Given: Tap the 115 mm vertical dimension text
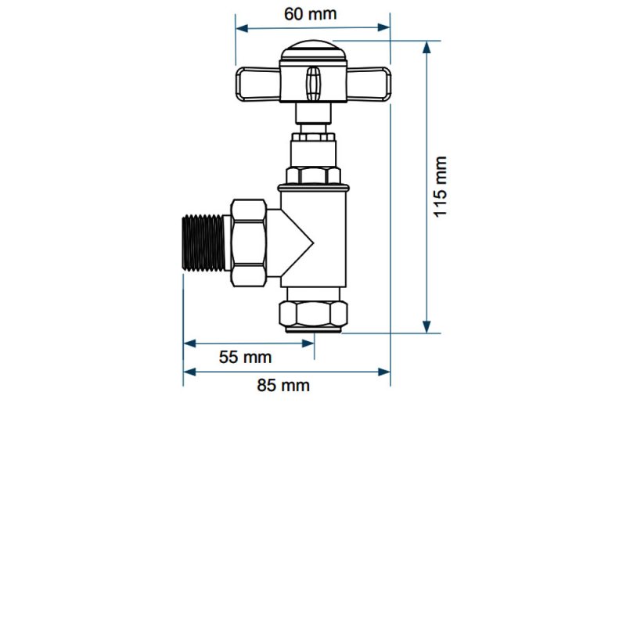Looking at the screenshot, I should point(442,186).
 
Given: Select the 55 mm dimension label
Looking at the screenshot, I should point(245,358).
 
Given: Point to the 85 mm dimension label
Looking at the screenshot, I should point(282,385).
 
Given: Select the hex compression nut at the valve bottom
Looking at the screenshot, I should point(313,314).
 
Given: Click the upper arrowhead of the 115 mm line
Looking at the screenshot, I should point(426,47).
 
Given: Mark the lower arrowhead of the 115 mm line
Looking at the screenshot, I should point(426,326).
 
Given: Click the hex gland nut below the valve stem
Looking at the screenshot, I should point(313,175).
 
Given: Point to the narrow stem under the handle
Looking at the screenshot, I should point(313,117).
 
